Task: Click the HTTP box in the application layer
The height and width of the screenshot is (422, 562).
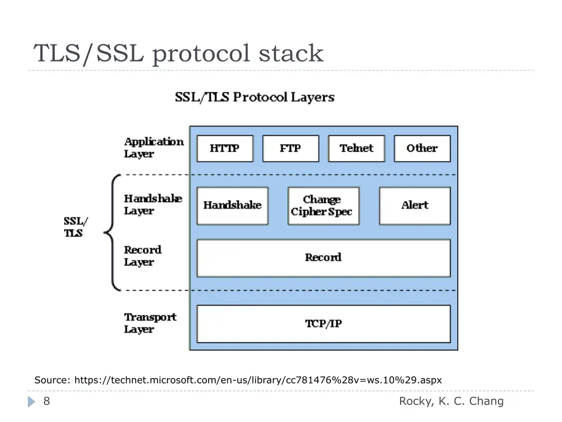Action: pyautogui.click(x=224, y=148)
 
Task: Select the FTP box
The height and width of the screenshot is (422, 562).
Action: pyautogui.click(x=290, y=148)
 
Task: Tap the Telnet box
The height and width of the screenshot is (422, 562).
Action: pyautogui.click(x=356, y=148)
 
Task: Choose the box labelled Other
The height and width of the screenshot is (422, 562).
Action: pyautogui.click(x=421, y=148)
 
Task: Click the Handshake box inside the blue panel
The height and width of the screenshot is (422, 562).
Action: pyautogui.click(x=232, y=206)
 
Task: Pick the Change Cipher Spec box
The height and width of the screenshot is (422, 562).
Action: pyautogui.click(x=323, y=206)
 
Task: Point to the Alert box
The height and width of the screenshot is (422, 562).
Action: pyautogui.click(x=414, y=206)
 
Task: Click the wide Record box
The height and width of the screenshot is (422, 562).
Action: pyautogui.click(x=323, y=258)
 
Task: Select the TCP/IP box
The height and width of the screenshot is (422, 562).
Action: pyautogui.click(x=323, y=324)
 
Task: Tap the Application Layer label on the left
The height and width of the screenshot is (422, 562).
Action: pyautogui.click(x=154, y=148)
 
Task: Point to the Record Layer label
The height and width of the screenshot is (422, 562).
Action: pyautogui.click(x=143, y=256)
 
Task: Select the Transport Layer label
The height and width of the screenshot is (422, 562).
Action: pyautogui.click(x=150, y=323)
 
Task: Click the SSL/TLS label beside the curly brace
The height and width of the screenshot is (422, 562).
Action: pyautogui.click(x=75, y=227)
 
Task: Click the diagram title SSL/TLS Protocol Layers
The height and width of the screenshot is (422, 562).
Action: pyautogui.click(x=255, y=98)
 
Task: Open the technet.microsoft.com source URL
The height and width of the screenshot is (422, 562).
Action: pyautogui.click(x=258, y=380)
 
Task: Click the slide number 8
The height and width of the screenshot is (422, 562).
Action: pyautogui.click(x=47, y=401)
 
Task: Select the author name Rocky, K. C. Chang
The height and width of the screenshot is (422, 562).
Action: pyautogui.click(x=451, y=401)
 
